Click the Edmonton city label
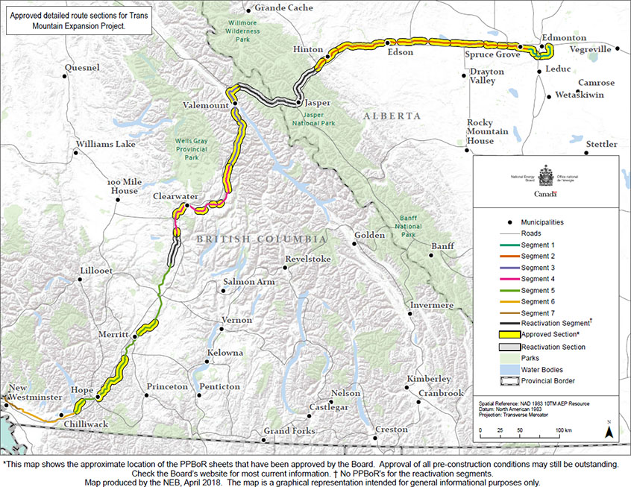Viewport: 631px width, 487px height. pos(564,38)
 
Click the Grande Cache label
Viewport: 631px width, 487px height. pos(284,8)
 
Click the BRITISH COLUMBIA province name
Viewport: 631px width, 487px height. pos(261,239)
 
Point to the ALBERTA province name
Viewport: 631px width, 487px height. pos(392,116)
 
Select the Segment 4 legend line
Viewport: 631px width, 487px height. pos(497,278)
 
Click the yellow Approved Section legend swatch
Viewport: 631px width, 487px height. pos(497,335)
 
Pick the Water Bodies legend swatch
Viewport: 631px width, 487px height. pos(497,369)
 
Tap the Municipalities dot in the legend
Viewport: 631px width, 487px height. pos(497,222)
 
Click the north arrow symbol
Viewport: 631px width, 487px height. pos(609,428)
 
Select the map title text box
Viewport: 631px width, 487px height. pos(77,19)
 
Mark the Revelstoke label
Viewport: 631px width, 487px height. pos(307,259)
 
